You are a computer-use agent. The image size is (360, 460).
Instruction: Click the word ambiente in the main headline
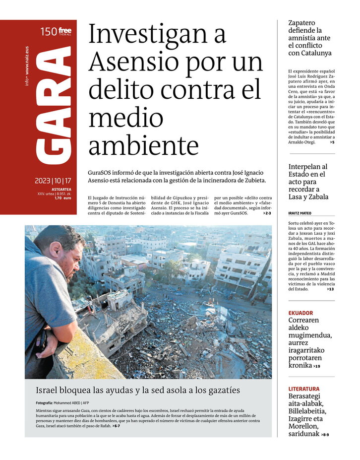(x=144, y=145)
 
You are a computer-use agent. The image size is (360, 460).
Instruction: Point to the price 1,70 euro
(x=62, y=198)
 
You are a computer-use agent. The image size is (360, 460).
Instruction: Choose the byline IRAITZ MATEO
(x=300, y=213)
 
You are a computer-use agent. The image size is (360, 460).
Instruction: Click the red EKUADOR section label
(x=300, y=313)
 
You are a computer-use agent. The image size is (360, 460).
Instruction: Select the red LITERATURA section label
(x=304, y=389)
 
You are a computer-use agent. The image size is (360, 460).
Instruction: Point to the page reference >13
(x=330, y=289)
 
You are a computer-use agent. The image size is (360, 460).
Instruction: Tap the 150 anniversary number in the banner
(x=48, y=32)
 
